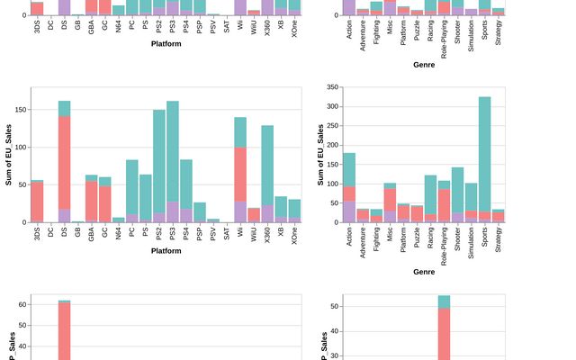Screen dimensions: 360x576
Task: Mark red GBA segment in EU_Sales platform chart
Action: pos(91,201)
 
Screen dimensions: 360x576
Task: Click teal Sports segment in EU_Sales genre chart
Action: pos(485,153)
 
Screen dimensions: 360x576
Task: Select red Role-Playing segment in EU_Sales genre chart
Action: pos(445,202)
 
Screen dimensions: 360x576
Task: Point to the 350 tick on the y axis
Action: pos(332,87)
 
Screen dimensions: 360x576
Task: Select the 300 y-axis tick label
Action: pos(332,106)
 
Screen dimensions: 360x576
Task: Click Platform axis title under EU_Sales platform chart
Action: pos(166,251)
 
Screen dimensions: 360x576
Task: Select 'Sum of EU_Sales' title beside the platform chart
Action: pos(9,155)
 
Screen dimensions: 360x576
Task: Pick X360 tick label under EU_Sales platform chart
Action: pos(267,233)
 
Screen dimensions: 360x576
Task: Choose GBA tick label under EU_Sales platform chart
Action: pos(92,232)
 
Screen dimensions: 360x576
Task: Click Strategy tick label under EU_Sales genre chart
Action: pos(499,239)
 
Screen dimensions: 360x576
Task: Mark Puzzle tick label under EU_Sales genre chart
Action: pos(418,237)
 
